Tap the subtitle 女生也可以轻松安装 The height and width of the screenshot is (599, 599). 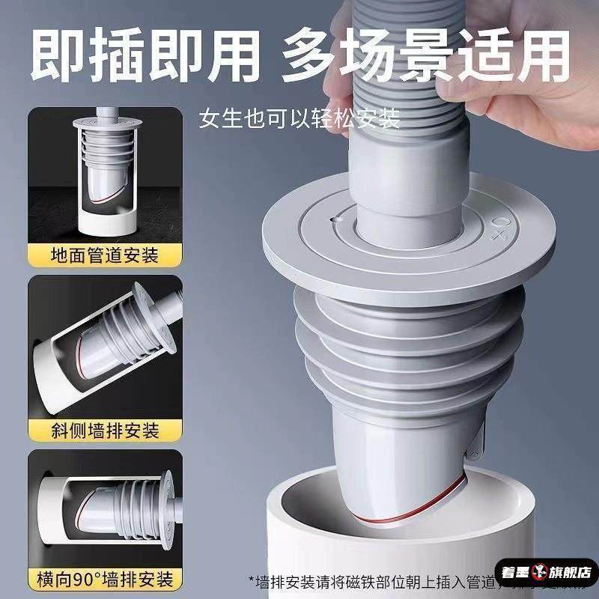[299, 118]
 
